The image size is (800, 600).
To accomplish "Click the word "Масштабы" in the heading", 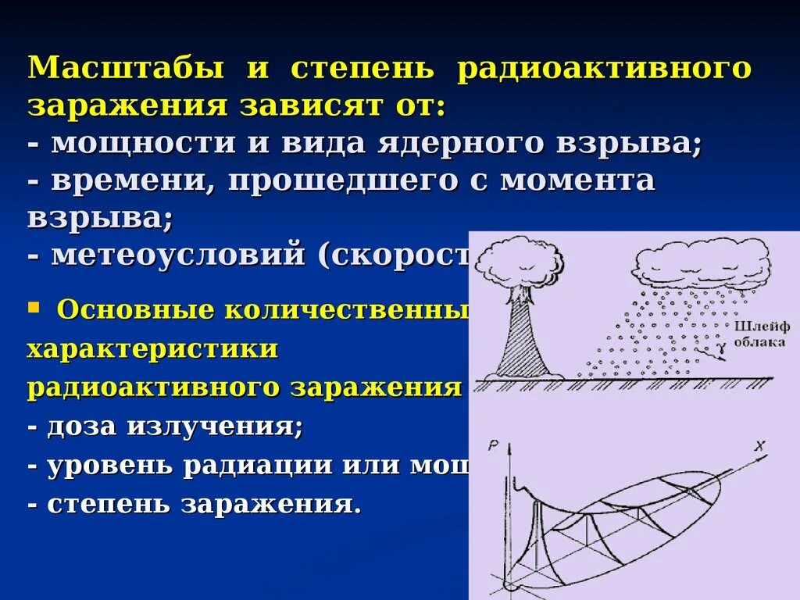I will [x=125, y=68].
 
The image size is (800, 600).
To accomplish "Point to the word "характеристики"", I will [x=152, y=348].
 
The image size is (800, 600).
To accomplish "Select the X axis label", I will [x=759, y=446].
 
